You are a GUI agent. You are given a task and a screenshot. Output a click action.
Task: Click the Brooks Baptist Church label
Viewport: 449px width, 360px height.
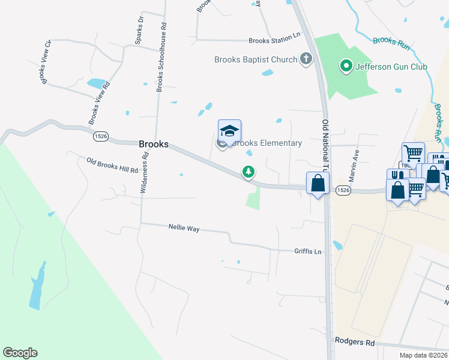[256, 59]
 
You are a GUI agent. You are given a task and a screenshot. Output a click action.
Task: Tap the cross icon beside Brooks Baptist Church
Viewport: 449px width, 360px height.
[306, 59]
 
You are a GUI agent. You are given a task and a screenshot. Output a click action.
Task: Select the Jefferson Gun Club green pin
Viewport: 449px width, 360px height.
[346, 66]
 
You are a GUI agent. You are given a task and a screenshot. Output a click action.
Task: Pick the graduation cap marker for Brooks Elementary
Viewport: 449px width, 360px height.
[229, 131]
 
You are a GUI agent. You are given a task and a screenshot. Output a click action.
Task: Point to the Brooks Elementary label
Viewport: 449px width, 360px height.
[267, 143]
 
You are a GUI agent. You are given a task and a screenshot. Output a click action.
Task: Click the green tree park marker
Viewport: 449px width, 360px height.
[248, 172]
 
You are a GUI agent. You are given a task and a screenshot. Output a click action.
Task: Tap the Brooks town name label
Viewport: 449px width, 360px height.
[154, 144]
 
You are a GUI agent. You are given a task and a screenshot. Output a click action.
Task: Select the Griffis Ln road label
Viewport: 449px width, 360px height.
[308, 251]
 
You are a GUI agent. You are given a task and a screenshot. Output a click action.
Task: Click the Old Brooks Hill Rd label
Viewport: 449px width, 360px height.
[112, 165]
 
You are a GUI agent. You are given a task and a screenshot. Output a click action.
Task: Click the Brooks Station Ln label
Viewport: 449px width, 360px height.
[274, 41]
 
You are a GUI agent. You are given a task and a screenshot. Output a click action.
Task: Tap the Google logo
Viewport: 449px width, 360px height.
[20, 353]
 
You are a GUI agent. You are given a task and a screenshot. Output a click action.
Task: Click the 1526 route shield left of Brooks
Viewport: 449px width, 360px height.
[101, 137]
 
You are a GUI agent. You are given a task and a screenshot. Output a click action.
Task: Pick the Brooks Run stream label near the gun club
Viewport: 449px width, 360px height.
[391, 41]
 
